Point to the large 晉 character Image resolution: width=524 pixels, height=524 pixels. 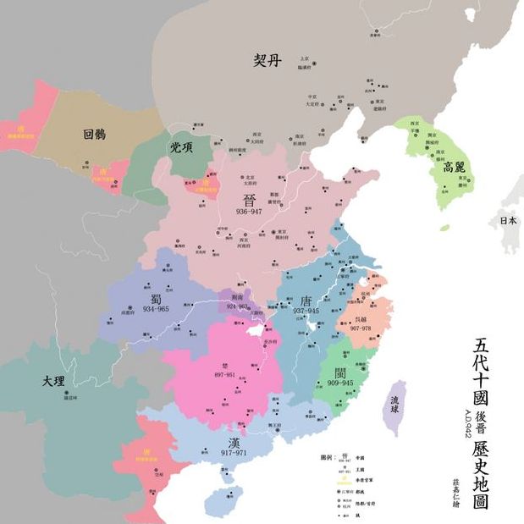click(x=250, y=201)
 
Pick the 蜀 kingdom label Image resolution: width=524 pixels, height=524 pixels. click(x=157, y=298)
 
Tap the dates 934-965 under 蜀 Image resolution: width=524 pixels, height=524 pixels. click(x=157, y=311)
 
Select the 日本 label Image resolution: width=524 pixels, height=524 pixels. click(x=507, y=221)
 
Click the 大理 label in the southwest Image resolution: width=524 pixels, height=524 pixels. click(x=52, y=382)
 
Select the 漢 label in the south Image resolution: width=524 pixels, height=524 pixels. click(x=235, y=443)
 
